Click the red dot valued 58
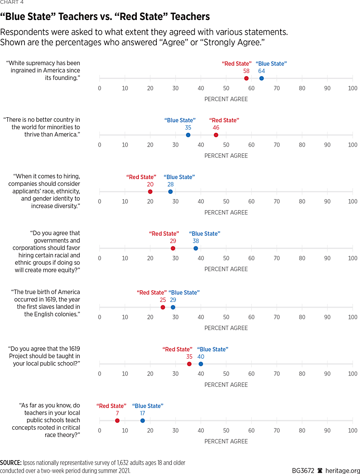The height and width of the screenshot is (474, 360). [246, 78]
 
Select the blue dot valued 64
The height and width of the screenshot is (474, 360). [261, 78]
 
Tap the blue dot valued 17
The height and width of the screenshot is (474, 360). [143, 421]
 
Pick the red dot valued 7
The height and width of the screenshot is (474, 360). [117, 421]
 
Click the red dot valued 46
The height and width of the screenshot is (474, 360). [216, 135]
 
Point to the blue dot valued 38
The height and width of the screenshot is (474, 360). [196, 248]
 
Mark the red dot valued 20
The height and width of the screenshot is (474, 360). [150, 192]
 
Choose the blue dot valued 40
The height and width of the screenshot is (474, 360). [201, 364]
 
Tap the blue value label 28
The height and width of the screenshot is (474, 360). [170, 184]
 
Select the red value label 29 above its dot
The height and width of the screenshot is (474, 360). [173, 241]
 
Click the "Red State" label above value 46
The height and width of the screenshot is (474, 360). [224, 120]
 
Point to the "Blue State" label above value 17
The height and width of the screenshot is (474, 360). [148, 406]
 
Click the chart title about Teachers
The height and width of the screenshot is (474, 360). [105, 17]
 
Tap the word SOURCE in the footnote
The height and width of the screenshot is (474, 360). [11, 463]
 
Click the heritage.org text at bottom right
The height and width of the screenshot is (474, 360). [341, 470]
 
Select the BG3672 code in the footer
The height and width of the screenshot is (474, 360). [303, 470]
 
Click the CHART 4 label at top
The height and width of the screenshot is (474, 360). [12, 2]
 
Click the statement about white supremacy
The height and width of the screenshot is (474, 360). [45, 70]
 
